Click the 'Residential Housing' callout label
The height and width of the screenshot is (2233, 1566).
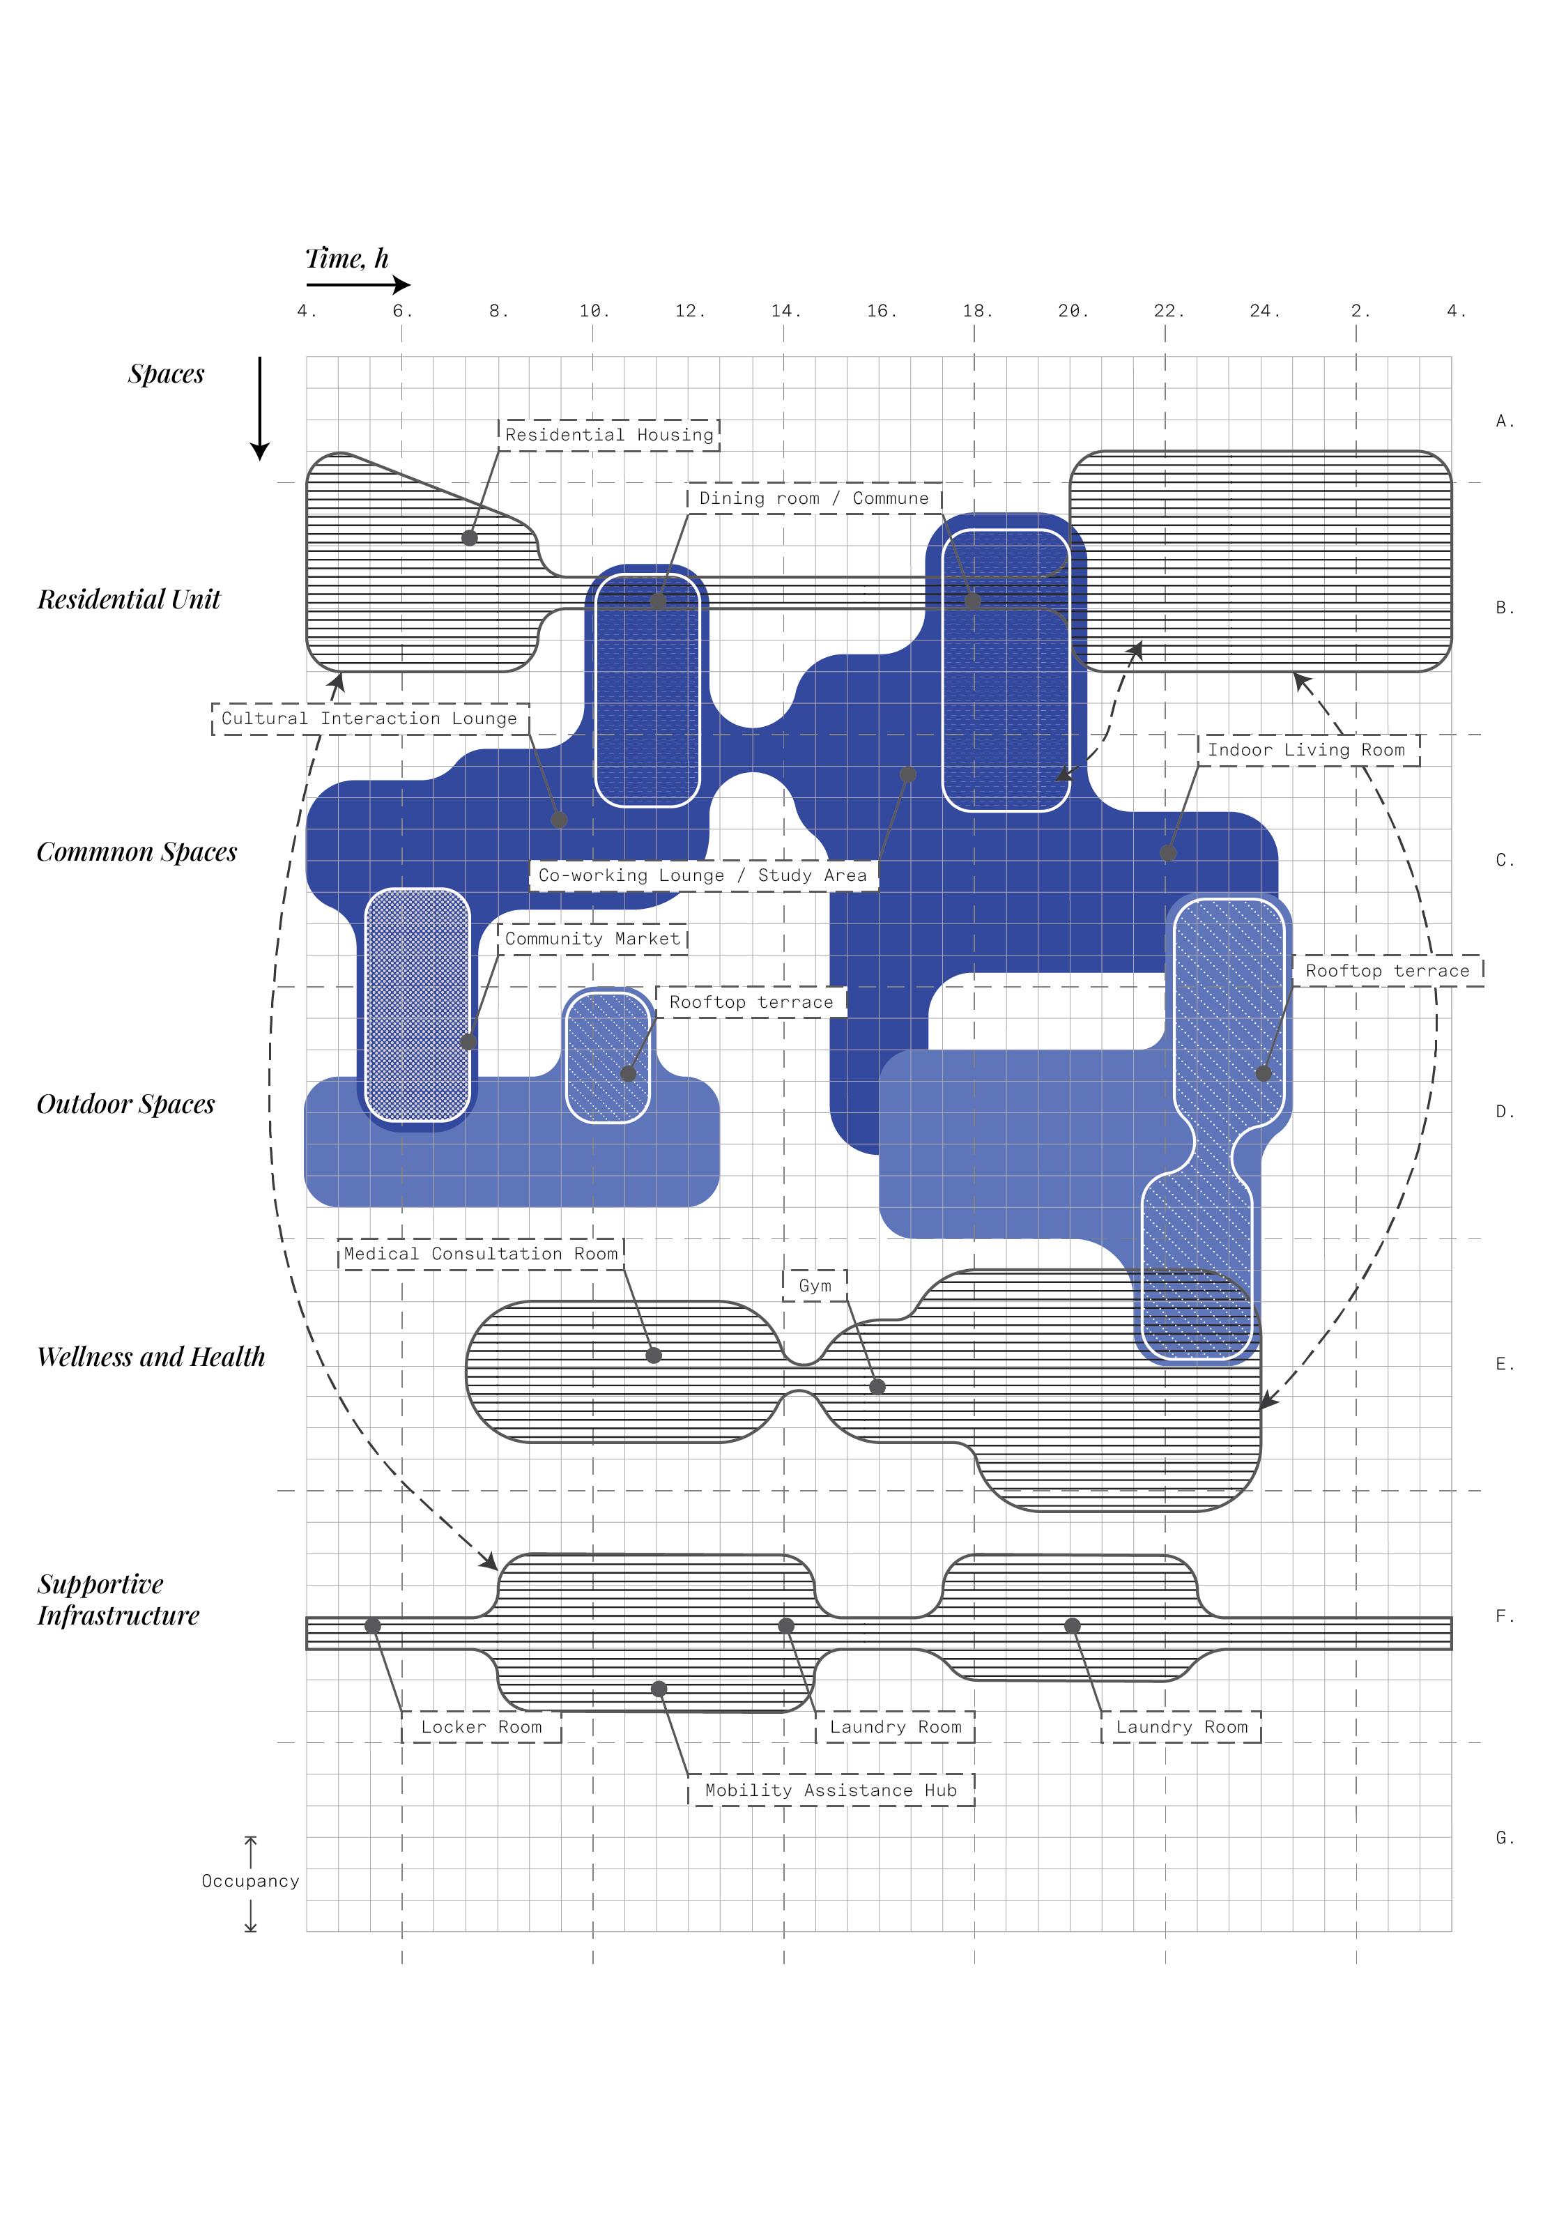coord(609,435)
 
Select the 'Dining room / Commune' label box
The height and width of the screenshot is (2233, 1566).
coord(814,498)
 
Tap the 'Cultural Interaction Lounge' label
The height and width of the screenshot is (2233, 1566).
coord(369,719)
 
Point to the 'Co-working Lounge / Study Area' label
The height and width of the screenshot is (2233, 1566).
coord(703,875)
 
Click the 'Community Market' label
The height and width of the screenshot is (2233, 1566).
coord(592,939)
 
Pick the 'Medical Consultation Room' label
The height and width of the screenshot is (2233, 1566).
coord(480,1254)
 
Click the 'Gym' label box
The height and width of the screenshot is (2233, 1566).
coord(815,1286)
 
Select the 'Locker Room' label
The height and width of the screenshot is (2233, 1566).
coord(482,1726)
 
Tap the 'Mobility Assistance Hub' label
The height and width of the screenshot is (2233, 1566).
coord(831,1790)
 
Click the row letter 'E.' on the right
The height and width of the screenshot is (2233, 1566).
coord(1505,1365)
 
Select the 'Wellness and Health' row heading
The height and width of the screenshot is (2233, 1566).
coord(151,1357)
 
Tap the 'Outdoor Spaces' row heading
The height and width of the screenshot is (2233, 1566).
coord(125,1104)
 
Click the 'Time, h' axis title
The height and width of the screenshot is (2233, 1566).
coord(347,259)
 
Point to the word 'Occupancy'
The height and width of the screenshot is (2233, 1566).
coord(250,1881)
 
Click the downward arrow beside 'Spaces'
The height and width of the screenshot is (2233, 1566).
coord(260,408)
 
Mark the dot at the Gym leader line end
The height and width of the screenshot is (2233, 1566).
coord(877,1387)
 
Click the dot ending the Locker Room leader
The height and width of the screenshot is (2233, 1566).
coord(373,1626)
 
